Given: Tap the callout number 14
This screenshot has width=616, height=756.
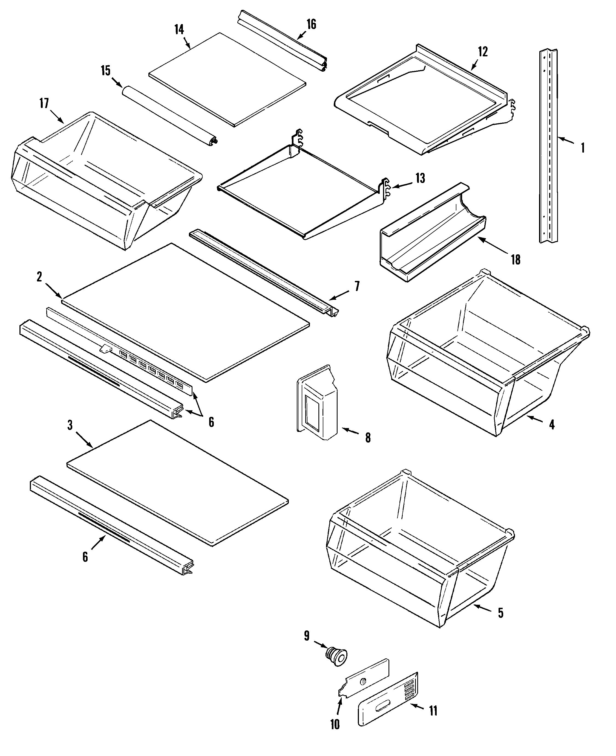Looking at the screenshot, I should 179,30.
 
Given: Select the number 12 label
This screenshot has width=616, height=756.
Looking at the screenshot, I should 483,52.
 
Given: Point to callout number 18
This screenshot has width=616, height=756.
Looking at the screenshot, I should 516,260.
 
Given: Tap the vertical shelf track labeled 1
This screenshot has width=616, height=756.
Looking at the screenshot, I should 548,145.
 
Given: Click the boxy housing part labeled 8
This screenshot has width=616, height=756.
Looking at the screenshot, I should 317,404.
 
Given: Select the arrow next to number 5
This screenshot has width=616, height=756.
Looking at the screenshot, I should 483,609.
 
